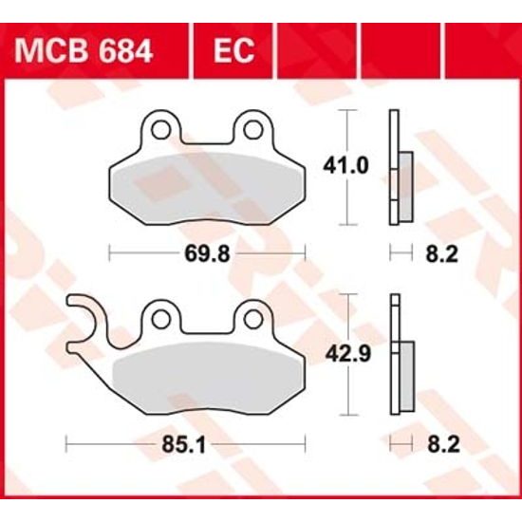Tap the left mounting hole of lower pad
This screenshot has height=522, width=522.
[162, 315]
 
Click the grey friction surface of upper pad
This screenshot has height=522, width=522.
[204, 185]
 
